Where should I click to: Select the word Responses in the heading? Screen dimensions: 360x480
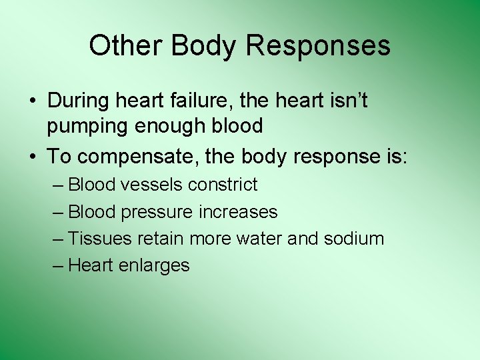318,46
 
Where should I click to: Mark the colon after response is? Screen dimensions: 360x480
405,158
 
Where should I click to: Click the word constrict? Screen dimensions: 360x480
223,185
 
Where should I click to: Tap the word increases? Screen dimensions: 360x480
239,212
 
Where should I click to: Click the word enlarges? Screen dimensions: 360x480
155,266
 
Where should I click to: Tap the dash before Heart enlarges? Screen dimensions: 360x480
58,265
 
